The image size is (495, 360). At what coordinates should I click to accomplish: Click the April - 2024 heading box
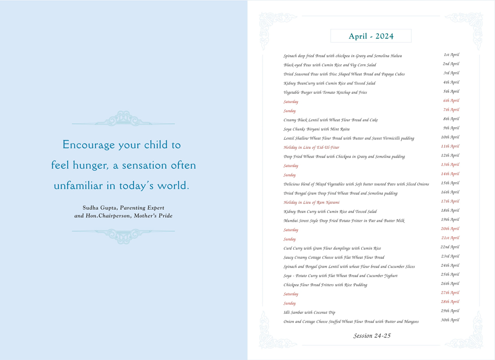click(x=371, y=36)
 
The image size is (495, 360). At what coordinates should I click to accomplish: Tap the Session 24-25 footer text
click(x=372, y=336)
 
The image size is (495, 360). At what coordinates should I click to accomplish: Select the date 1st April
click(x=451, y=55)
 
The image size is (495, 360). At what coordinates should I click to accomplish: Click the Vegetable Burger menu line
click(x=325, y=92)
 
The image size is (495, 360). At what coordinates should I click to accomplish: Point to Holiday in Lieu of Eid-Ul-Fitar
click(x=311, y=147)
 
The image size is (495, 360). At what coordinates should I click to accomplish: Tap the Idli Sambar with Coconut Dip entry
click(x=309, y=313)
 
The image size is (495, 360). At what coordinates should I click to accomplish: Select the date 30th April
click(x=450, y=320)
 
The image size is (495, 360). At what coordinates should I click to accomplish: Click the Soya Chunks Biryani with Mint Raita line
click(x=316, y=129)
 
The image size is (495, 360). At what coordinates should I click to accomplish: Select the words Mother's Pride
click(x=153, y=216)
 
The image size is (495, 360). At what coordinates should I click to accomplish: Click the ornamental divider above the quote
click(x=123, y=119)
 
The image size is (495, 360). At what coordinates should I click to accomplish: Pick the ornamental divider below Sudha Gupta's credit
click(x=123, y=235)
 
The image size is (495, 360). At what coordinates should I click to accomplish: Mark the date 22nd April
click(x=450, y=247)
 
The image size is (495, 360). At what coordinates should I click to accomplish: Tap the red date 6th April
click(x=451, y=101)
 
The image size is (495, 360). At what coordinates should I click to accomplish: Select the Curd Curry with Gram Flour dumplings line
click(x=332, y=248)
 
